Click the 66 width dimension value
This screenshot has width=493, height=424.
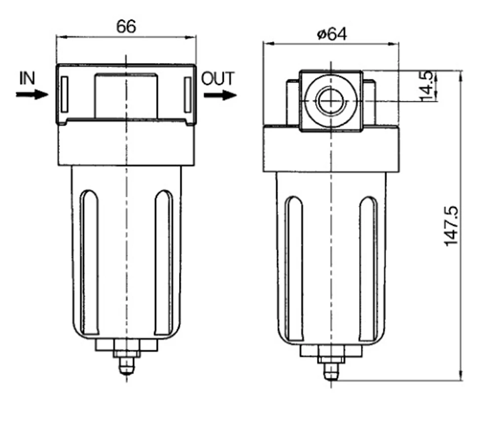[126, 27]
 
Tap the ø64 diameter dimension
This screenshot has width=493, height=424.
[332, 34]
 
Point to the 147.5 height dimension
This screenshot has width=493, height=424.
[452, 226]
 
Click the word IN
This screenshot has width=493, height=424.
[27, 78]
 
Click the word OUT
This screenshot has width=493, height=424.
[218, 78]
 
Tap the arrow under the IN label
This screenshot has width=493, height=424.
[32, 94]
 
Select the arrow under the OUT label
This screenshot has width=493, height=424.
[220, 95]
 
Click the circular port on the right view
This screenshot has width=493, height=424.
[331, 101]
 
